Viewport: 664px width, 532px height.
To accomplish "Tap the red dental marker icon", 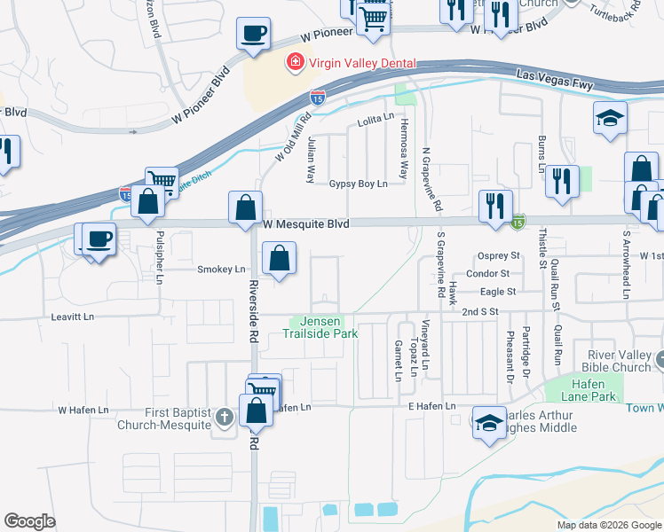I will (292, 62).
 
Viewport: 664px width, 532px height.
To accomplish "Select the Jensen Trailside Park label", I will (320, 327).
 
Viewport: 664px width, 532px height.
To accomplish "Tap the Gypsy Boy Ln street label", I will (359, 184).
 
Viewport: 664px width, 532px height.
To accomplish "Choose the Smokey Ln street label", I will (220, 269).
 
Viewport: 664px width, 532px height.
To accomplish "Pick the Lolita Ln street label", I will (375, 117).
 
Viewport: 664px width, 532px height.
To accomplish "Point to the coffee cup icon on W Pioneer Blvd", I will (253, 35).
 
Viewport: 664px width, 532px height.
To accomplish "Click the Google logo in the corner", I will (29, 521).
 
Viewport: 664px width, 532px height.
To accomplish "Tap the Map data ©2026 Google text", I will (608, 525).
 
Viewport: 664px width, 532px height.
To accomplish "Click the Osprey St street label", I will (497, 256).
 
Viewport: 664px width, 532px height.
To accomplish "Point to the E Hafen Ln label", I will (431, 406).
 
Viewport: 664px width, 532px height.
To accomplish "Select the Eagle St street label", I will (499, 291).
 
